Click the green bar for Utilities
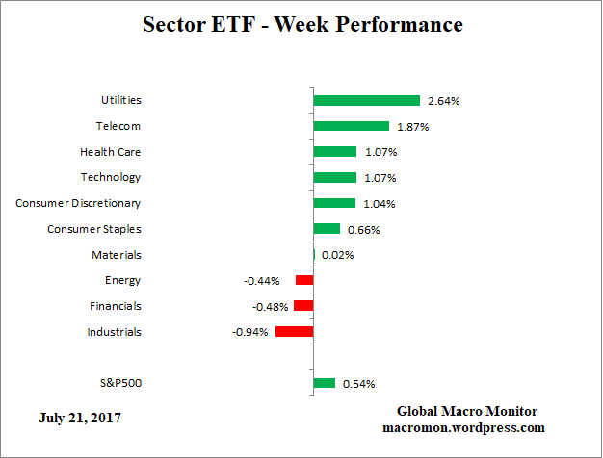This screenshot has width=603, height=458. pos(366,100)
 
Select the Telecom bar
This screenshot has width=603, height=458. pos(351,126)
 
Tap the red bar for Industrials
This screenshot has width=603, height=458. pos(294,332)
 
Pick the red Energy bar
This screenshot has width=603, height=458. pos(304,280)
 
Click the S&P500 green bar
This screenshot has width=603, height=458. pos(324,383)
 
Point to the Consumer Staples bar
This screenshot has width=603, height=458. pos(327,229)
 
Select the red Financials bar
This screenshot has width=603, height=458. pos(303,306)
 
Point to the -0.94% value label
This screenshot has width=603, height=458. pos(250,333)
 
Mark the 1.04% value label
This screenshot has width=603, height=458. pos(377,204)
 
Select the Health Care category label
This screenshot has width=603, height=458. pos(110,152)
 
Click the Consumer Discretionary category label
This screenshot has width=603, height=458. pos(78,203)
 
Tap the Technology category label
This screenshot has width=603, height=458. pos(111,177)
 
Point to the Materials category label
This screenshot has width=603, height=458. pos(117,255)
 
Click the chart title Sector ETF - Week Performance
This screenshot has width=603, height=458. pos(302,24)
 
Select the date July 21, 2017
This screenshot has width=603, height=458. pos(81,419)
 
